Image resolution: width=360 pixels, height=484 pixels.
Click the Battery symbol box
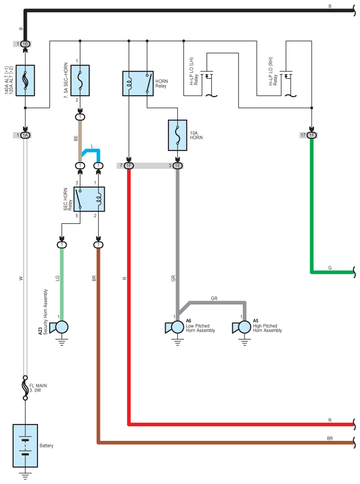pos(25,446)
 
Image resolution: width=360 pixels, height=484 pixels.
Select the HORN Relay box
pos(138,83)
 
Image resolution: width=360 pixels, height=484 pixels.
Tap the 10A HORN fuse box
pos(177,135)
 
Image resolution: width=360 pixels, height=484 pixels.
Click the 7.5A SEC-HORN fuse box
pos(80,80)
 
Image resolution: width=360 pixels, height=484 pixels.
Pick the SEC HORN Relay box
pos(89,199)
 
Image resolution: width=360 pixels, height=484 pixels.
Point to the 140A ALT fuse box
pos(25,80)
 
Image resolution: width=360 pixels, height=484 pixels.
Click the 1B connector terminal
pos(25,44)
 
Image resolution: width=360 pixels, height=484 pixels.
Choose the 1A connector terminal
pos(25,135)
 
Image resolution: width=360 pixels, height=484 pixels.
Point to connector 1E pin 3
pos(177,166)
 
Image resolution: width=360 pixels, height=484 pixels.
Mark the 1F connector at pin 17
pos(312,135)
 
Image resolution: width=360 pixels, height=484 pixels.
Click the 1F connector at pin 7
pos(129,166)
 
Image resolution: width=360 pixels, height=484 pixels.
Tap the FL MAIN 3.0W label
pos(38,388)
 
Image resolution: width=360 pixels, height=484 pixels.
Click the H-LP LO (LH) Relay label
pos(194,71)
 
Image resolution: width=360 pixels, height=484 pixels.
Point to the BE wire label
pos(76,138)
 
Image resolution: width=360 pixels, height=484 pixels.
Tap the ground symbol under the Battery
pos(25,476)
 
